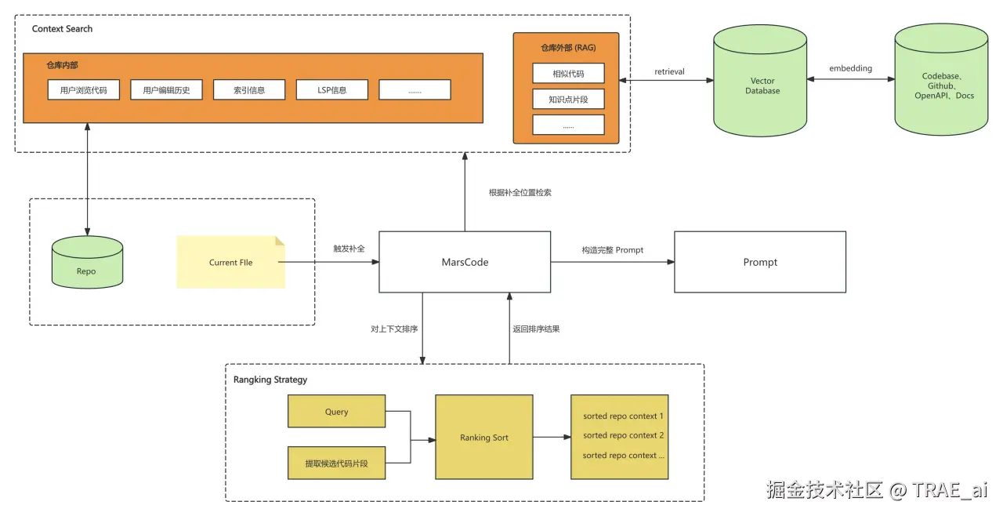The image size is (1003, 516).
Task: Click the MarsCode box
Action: (x=464, y=262)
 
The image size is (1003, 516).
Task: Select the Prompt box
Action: (x=760, y=262)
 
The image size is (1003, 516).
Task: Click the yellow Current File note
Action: (x=230, y=262)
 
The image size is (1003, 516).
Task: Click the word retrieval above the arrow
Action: (x=669, y=72)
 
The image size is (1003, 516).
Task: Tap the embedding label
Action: (x=850, y=69)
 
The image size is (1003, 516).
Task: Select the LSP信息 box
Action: (x=332, y=90)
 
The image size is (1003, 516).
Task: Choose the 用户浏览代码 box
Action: (x=84, y=90)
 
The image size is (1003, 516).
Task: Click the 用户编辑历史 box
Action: (x=166, y=90)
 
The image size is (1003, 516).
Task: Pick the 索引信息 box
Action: (x=249, y=90)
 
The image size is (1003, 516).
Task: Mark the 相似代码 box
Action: (x=568, y=74)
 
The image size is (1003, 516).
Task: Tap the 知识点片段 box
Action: (x=568, y=100)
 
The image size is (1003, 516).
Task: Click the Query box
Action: (x=336, y=412)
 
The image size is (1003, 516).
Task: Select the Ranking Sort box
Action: (x=484, y=438)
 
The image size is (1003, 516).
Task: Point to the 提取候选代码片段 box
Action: (x=336, y=463)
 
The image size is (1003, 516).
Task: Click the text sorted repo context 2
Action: (x=623, y=435)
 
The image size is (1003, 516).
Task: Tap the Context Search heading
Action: (x=62, y=29)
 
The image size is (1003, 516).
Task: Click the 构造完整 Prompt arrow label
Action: (x=612, y=250)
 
